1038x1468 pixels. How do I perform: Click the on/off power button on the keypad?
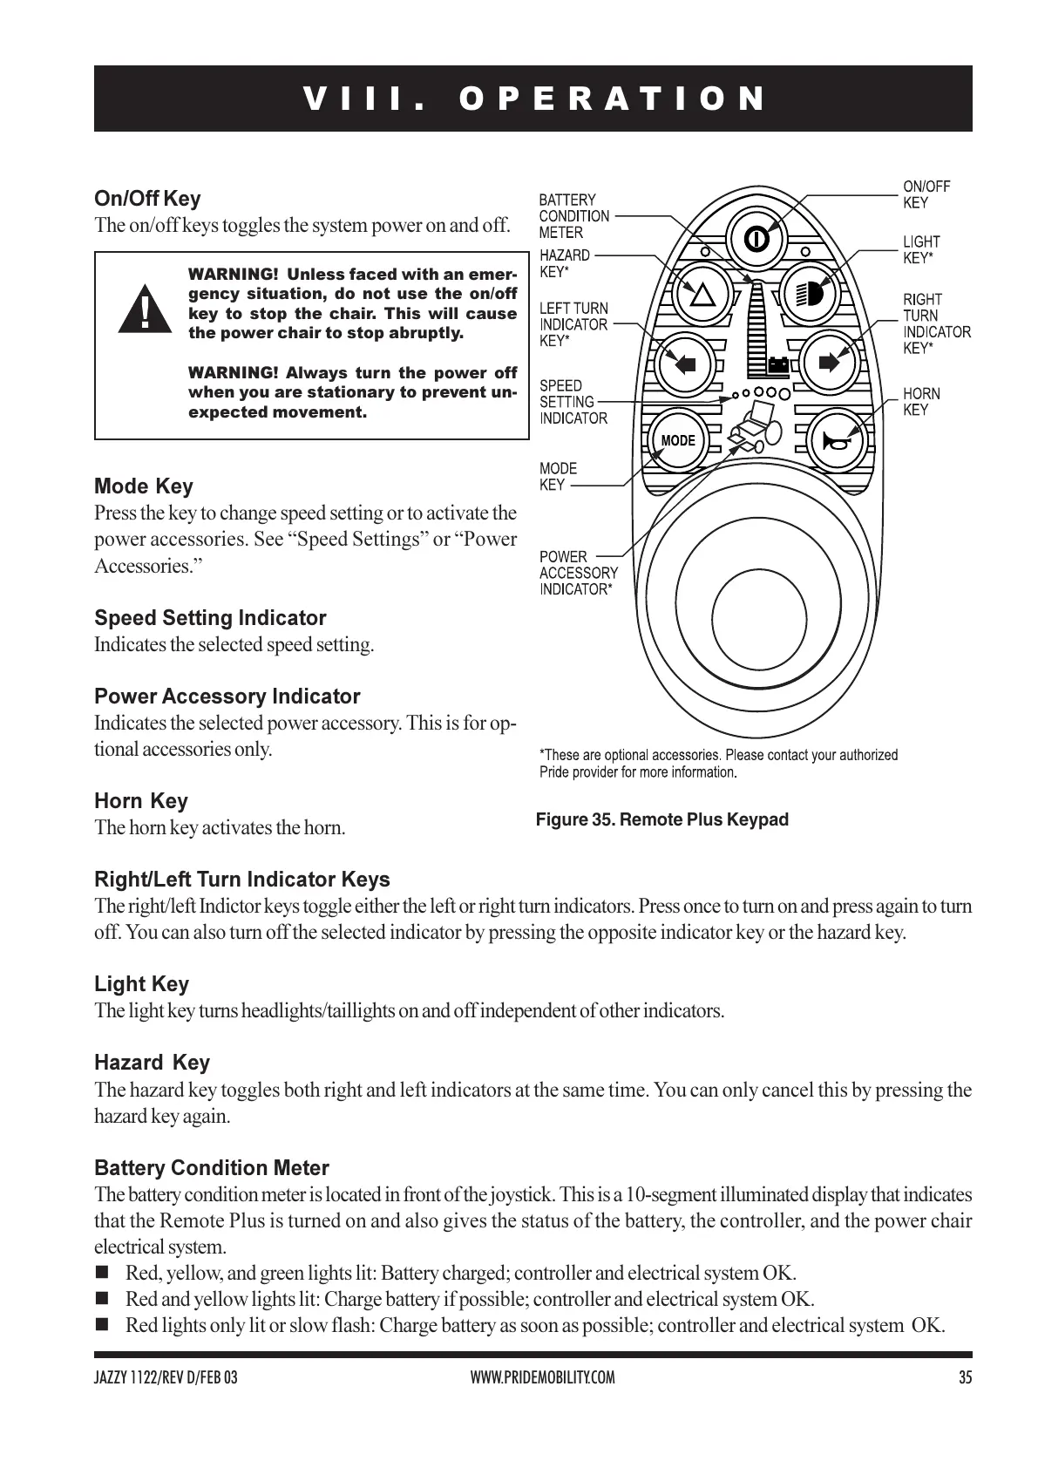pos(755,237)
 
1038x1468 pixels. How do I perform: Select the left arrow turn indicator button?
pos(686,362)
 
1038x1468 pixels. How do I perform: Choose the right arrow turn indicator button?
pos(827,361)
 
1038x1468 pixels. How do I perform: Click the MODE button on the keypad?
pos(677,440)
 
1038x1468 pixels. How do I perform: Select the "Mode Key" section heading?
pos(144,486)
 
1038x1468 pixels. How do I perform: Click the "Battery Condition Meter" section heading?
pos(212,1168)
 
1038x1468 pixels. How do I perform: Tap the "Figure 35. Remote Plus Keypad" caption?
pos(661,819)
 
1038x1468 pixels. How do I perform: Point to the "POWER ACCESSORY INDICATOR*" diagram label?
pos(578,573)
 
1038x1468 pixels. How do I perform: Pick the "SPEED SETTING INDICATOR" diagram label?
pos(573,402)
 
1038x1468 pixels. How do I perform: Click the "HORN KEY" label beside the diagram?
pos(921,402)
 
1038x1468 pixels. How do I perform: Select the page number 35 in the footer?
pos(964,1378)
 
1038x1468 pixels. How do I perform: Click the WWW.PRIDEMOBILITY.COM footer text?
pos(542,1378)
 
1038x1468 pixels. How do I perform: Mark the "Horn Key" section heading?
pos(141,801)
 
